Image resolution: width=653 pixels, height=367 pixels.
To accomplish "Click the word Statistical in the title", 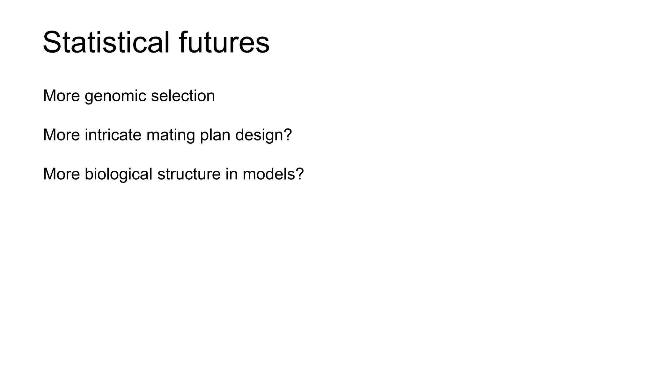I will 106,43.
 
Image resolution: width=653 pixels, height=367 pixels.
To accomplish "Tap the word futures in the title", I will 224,43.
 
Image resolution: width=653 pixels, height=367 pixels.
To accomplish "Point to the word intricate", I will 113,135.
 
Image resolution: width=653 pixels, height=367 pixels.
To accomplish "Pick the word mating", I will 171,135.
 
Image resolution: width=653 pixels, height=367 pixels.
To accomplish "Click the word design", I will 259,135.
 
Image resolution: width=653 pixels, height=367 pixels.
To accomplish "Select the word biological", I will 118,174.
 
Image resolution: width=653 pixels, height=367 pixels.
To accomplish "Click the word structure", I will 189,174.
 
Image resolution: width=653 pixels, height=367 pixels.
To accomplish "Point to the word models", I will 268,174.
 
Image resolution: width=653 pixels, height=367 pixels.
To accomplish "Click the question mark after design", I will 288,135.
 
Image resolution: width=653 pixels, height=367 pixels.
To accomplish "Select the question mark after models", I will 300,174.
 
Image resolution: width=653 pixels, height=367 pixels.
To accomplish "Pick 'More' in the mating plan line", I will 61,135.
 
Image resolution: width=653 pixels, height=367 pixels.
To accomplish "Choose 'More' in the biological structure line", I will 61,174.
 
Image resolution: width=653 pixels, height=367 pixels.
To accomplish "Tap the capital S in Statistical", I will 52,43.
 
